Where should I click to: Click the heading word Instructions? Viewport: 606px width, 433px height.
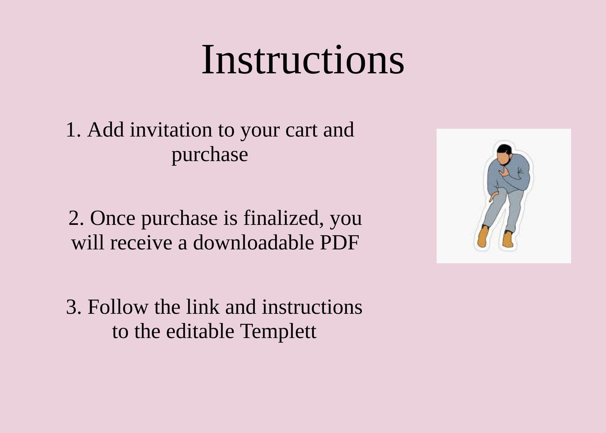pos(303,60)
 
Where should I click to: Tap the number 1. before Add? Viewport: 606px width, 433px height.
pos(74,130)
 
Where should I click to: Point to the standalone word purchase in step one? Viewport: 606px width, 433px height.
pos(210,155)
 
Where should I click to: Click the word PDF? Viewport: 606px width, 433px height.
pos(339,242)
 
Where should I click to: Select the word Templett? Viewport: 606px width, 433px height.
pos(278,331)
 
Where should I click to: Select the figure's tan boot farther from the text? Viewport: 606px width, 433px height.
pos(508,240)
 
